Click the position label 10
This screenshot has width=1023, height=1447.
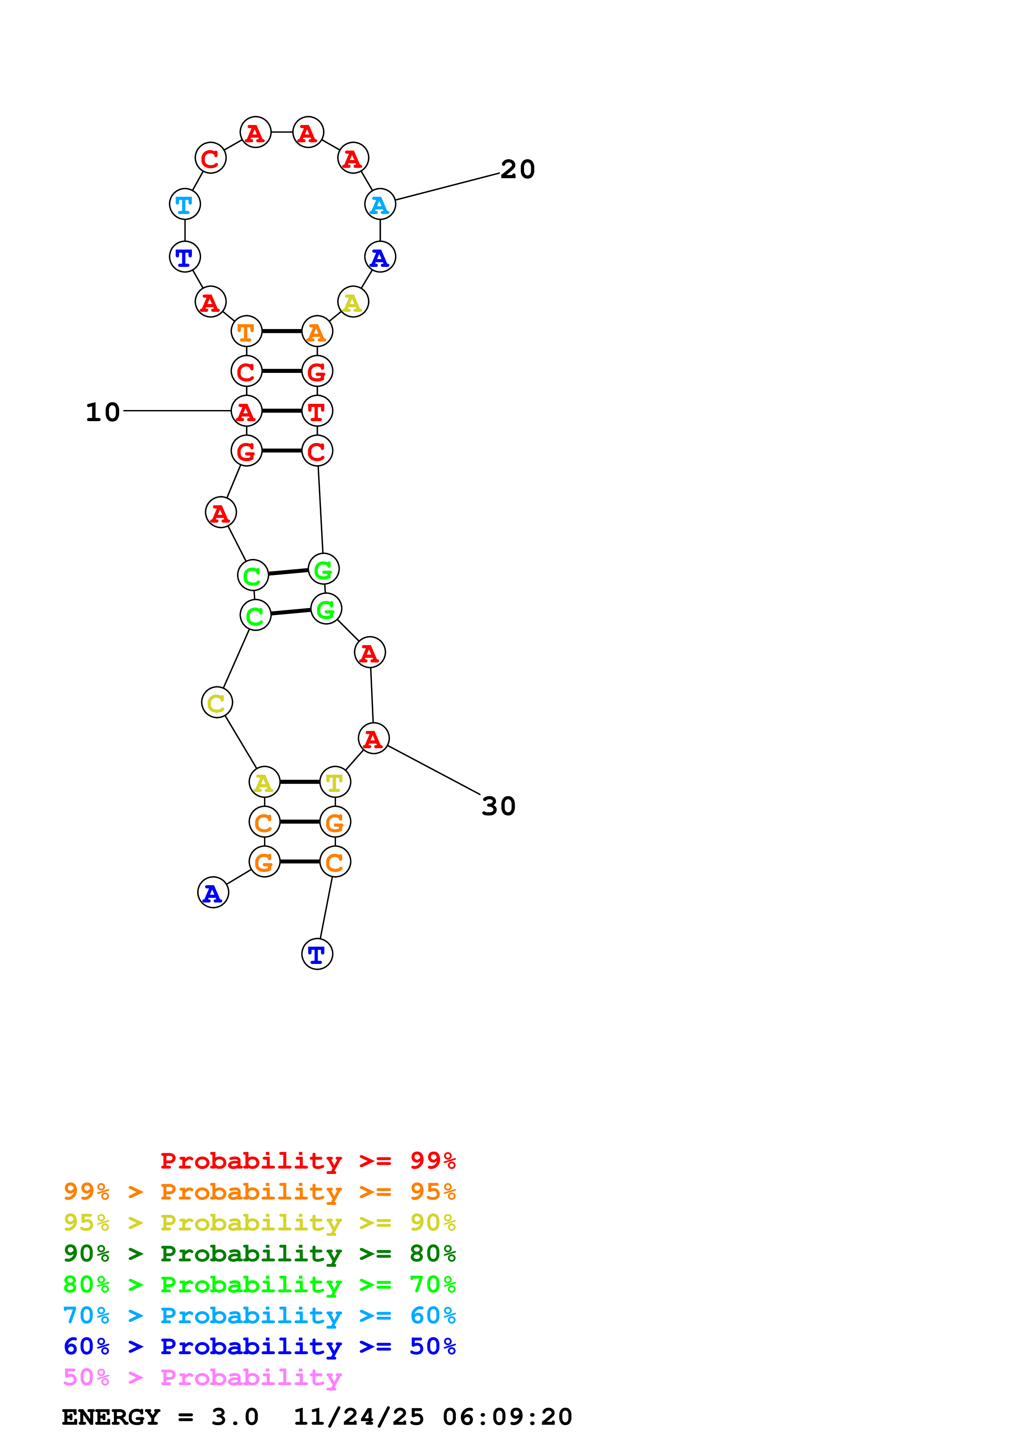pos(103,412)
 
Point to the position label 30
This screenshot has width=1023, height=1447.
pos(499,806)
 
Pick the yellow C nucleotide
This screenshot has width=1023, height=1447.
pos(217,703)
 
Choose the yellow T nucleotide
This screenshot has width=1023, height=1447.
pos(335,782)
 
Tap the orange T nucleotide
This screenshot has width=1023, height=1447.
pos(246,332)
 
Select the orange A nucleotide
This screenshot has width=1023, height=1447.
pos(317,332)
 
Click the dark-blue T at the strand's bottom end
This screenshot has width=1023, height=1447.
pos(317,954)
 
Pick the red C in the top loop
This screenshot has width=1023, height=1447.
pos(210,158)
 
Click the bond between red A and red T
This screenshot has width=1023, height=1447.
pos(282,411)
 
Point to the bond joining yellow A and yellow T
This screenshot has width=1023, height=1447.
pos(300,782)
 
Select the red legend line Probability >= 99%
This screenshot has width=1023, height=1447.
pos(308,1161)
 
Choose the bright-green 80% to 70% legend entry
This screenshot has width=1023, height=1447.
pos(260,1284)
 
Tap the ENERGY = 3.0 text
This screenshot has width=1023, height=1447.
pos(160,1417)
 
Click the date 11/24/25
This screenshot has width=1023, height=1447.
pos(359,1417)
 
